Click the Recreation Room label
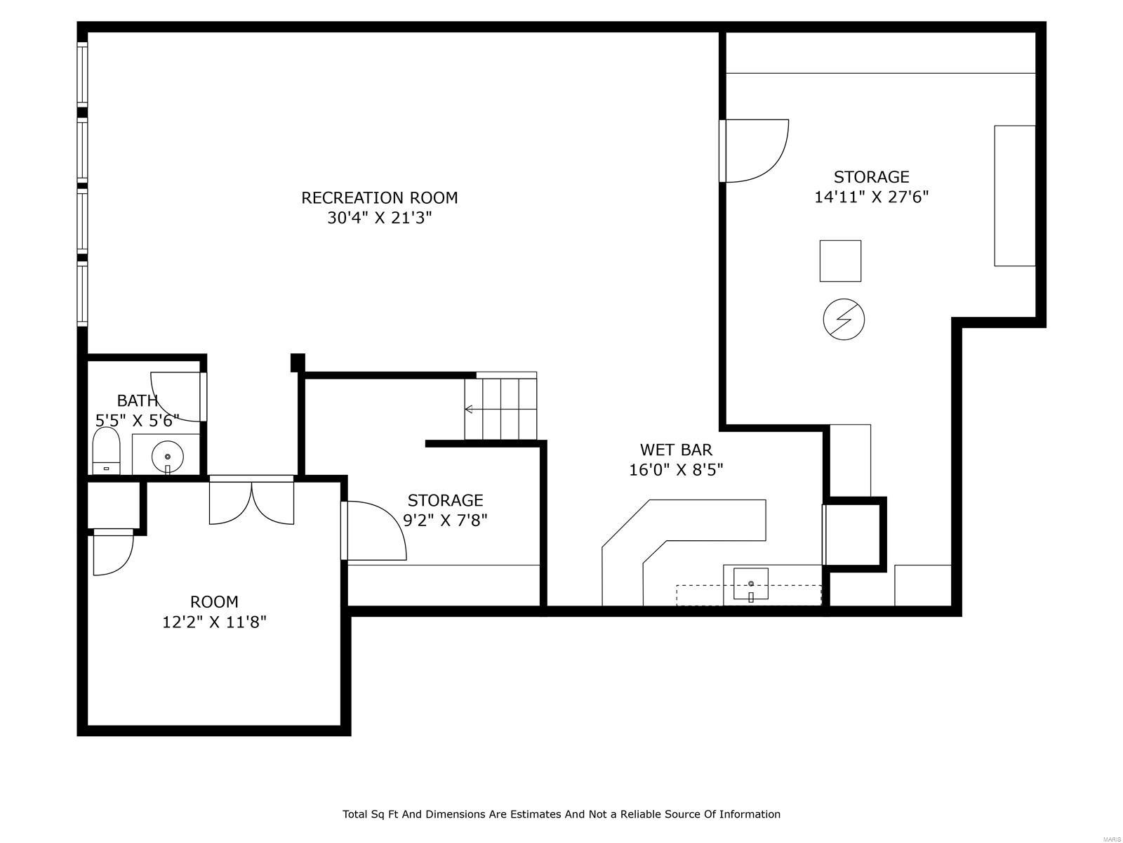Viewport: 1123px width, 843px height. click(x=379, y=198)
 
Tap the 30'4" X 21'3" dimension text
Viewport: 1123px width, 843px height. click(x=379, y=218)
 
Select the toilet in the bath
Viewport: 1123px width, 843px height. click(x=107, y=452)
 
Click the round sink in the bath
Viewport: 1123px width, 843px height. click(x=167, y=457)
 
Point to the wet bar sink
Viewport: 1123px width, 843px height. click(x=750, y=584)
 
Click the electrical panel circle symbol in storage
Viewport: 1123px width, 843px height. click(x=843, y=320)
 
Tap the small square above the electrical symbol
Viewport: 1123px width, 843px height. click(x=840, y=261)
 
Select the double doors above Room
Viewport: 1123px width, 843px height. click(x=251, y=501)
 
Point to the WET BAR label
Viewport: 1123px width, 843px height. click(x=676, y=450)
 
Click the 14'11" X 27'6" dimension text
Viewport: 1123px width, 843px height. click(x=871, y=197)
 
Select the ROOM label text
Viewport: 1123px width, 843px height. click(x=214, y=602)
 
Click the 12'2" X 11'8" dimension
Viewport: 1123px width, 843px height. click(x=214, y=622)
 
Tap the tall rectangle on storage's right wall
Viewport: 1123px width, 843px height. click(x=1014, y=196)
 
